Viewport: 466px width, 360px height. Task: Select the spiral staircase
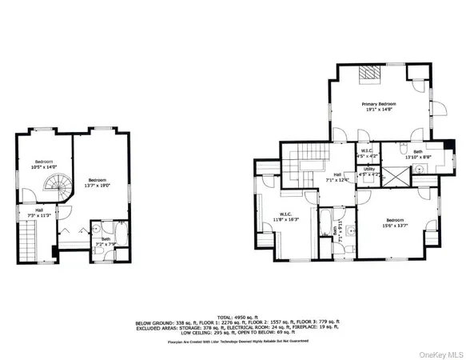53,190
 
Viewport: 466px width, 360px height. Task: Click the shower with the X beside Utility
395,175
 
